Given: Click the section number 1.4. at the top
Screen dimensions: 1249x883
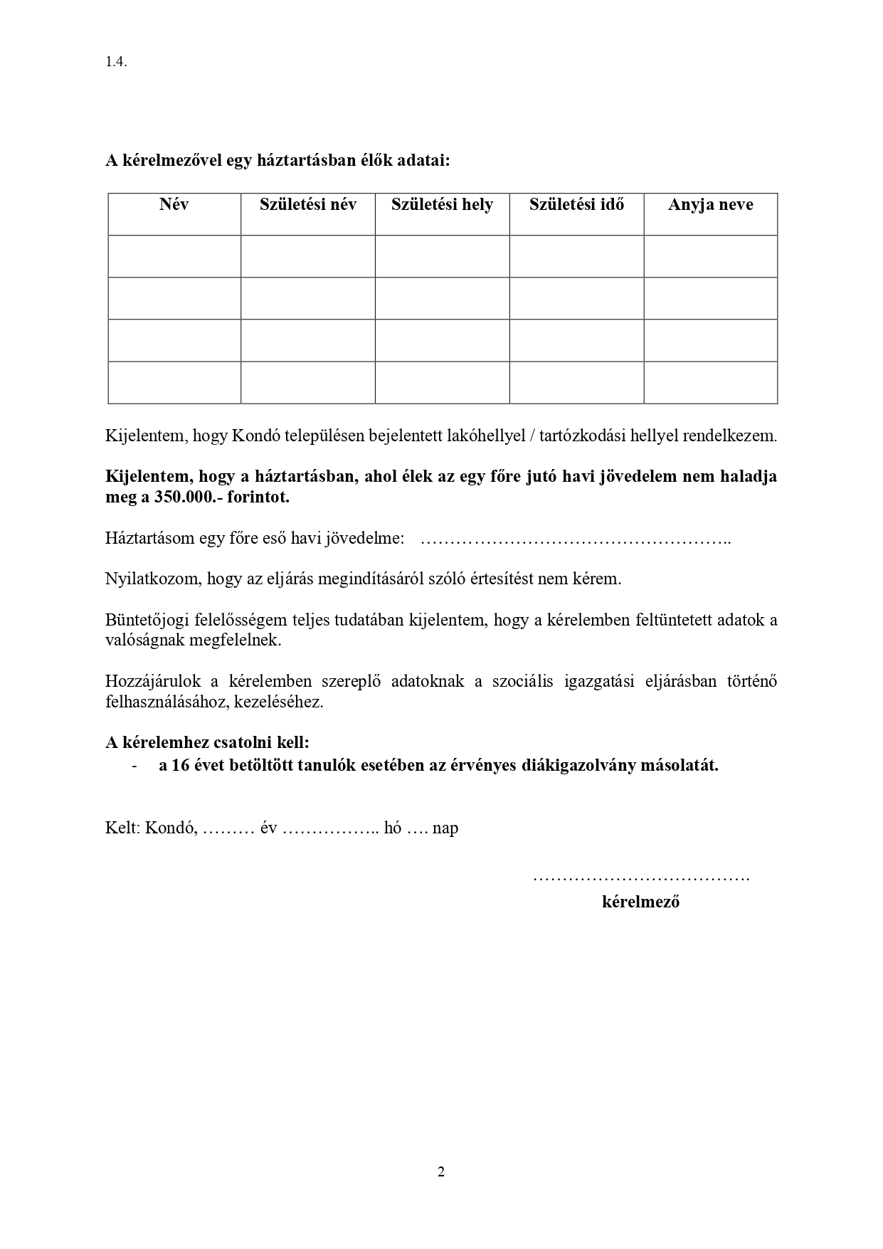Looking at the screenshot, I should click(116, 62).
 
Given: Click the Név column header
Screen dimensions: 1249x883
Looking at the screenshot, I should click(174, 205).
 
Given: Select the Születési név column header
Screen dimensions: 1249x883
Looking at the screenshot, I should click(308, 205).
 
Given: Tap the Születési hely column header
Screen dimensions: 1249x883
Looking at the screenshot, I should click(442, 205).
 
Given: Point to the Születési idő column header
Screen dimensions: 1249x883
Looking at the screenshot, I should click(576, 205).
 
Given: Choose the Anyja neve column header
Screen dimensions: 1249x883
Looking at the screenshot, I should click(710, 205).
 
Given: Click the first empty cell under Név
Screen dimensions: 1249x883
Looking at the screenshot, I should click(174, 256).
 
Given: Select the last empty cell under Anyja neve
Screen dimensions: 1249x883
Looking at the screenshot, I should click(710, 382).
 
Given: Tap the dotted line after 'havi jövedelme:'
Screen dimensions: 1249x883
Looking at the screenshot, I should click(576, 539).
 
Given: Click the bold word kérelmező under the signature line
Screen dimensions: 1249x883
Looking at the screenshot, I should click(640, 902).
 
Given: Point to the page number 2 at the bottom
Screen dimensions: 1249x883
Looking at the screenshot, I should click(441, 1172).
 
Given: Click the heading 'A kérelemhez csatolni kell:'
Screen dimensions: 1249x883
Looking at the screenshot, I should click(208, 743).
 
